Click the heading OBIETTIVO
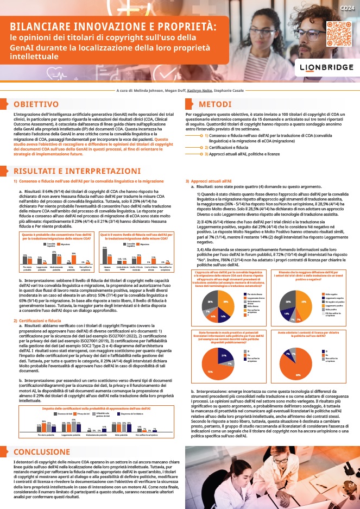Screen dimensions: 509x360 point(36,104)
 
